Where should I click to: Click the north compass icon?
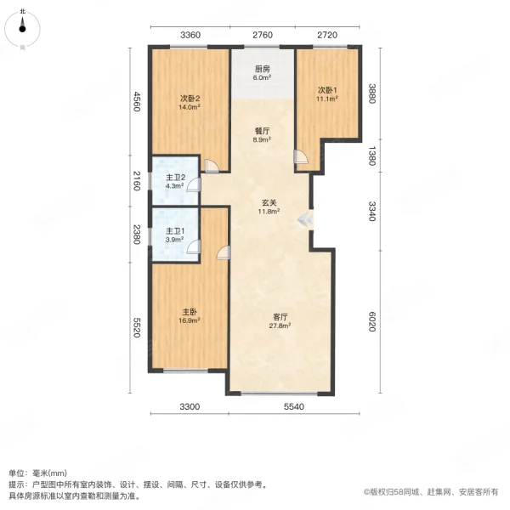click(23, 29)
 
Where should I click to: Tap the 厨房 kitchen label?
click(263, 69)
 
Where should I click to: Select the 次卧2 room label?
click(189, 98)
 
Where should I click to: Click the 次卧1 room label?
click(327, 90)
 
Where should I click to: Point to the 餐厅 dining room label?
click(263, 131)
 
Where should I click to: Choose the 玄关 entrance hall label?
click(269, 203)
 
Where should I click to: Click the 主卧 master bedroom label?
click(189, 311)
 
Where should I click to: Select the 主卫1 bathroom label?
click(174, 231)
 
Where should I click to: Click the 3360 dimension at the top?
click(190, 36)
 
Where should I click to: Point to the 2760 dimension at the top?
click(262, 36)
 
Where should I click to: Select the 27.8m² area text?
click(280, 325)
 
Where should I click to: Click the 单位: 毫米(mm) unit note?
click(42, 473)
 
